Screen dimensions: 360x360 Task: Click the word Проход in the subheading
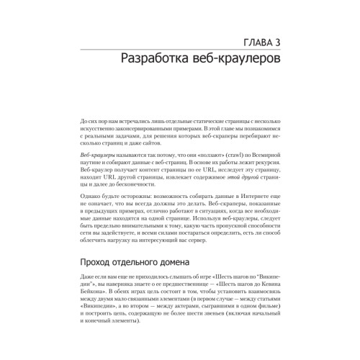pyautogui.click(x=97, y=261)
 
